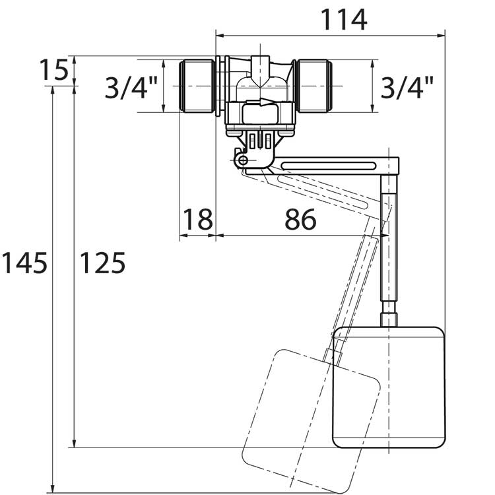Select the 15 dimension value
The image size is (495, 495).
pos(53,70)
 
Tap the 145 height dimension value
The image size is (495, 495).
pos(24,263)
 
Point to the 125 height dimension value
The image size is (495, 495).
pos(102,263)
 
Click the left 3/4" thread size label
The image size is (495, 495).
pos(131,87)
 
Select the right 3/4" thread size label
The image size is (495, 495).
pos(407,87)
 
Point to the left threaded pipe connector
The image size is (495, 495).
pos(197,86)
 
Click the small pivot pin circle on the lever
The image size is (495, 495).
pos(243,160)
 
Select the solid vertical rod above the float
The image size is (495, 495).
pos(389,251)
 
